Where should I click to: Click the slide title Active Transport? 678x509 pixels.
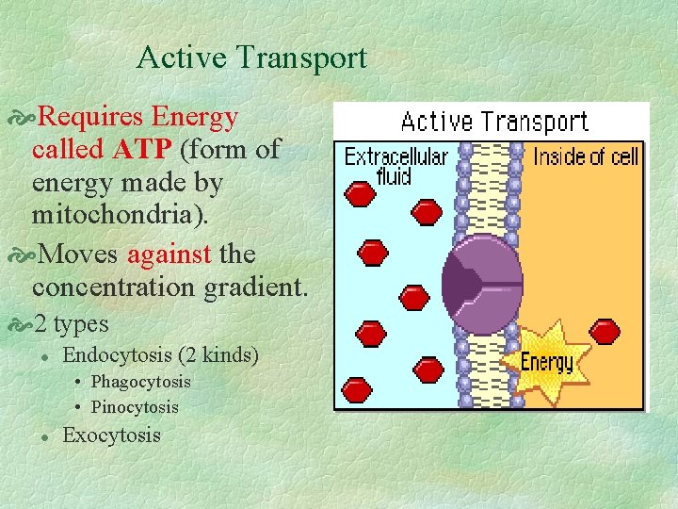(251, 58)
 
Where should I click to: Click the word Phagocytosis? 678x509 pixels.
(140, 382)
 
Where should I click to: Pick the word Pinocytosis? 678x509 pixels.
(135, 407)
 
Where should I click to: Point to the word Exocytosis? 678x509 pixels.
(111, 435)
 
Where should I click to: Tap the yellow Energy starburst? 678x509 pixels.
(547, 360)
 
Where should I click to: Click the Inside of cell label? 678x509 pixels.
(586, 156)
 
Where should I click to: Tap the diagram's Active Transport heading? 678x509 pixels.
(494, 122)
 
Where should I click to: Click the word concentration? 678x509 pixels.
(113, 287)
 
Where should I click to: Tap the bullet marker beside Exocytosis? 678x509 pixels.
(44, 435)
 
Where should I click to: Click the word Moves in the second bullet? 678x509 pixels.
(81, 254)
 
